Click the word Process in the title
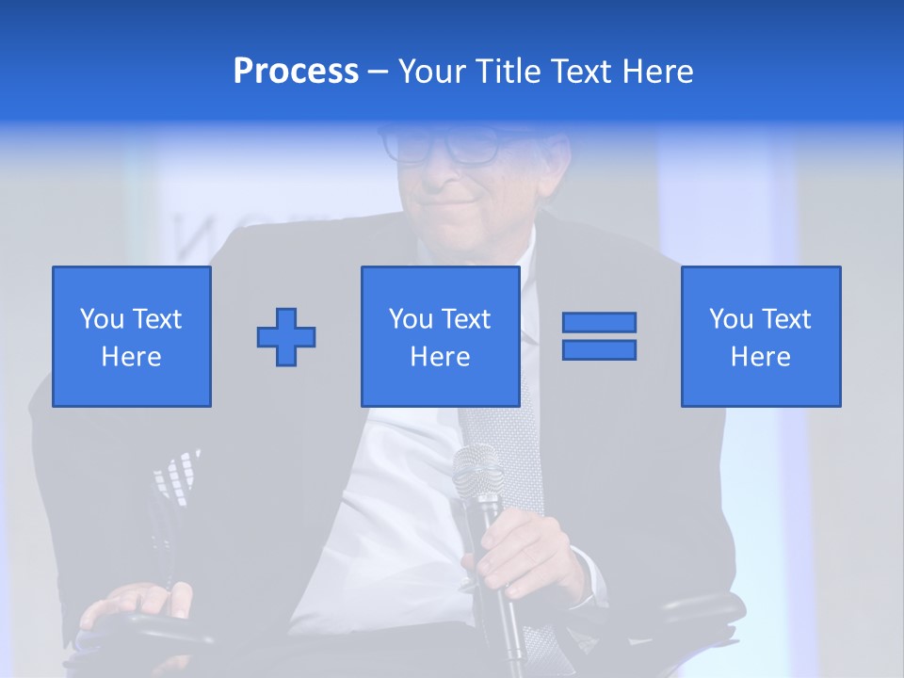[296, 72]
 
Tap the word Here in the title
[658, 72]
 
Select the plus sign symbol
[286, 337]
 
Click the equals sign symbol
[599, 336]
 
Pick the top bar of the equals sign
[599, 323]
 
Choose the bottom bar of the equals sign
[599, 349]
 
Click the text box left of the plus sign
[132, 336]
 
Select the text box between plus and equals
[440, 336]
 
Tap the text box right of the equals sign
[760, 336]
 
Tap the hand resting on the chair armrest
[132, 603]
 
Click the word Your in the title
[432, 72]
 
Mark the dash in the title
[378, 73]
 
